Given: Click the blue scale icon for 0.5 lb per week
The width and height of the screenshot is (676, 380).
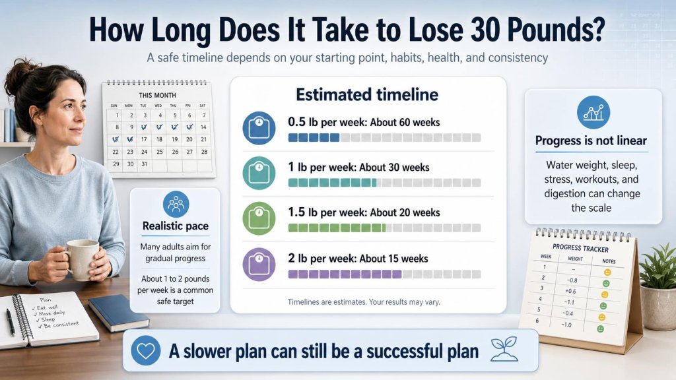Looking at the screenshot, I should point(258,128).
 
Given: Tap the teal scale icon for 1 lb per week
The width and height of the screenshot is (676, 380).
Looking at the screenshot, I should point(258,174).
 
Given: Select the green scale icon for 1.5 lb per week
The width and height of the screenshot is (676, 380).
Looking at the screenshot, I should point(258,218).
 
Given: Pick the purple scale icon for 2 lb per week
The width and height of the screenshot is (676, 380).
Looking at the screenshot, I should point(258,264).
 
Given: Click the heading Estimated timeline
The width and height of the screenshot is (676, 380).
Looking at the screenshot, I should point(366,94).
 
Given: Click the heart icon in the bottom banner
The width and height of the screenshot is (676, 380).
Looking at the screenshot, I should point(145,350).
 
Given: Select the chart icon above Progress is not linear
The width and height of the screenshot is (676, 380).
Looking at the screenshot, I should point(593,112).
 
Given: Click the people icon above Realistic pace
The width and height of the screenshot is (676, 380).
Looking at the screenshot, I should point(176,204).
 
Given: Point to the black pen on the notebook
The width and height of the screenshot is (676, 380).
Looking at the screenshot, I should point(11,322).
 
